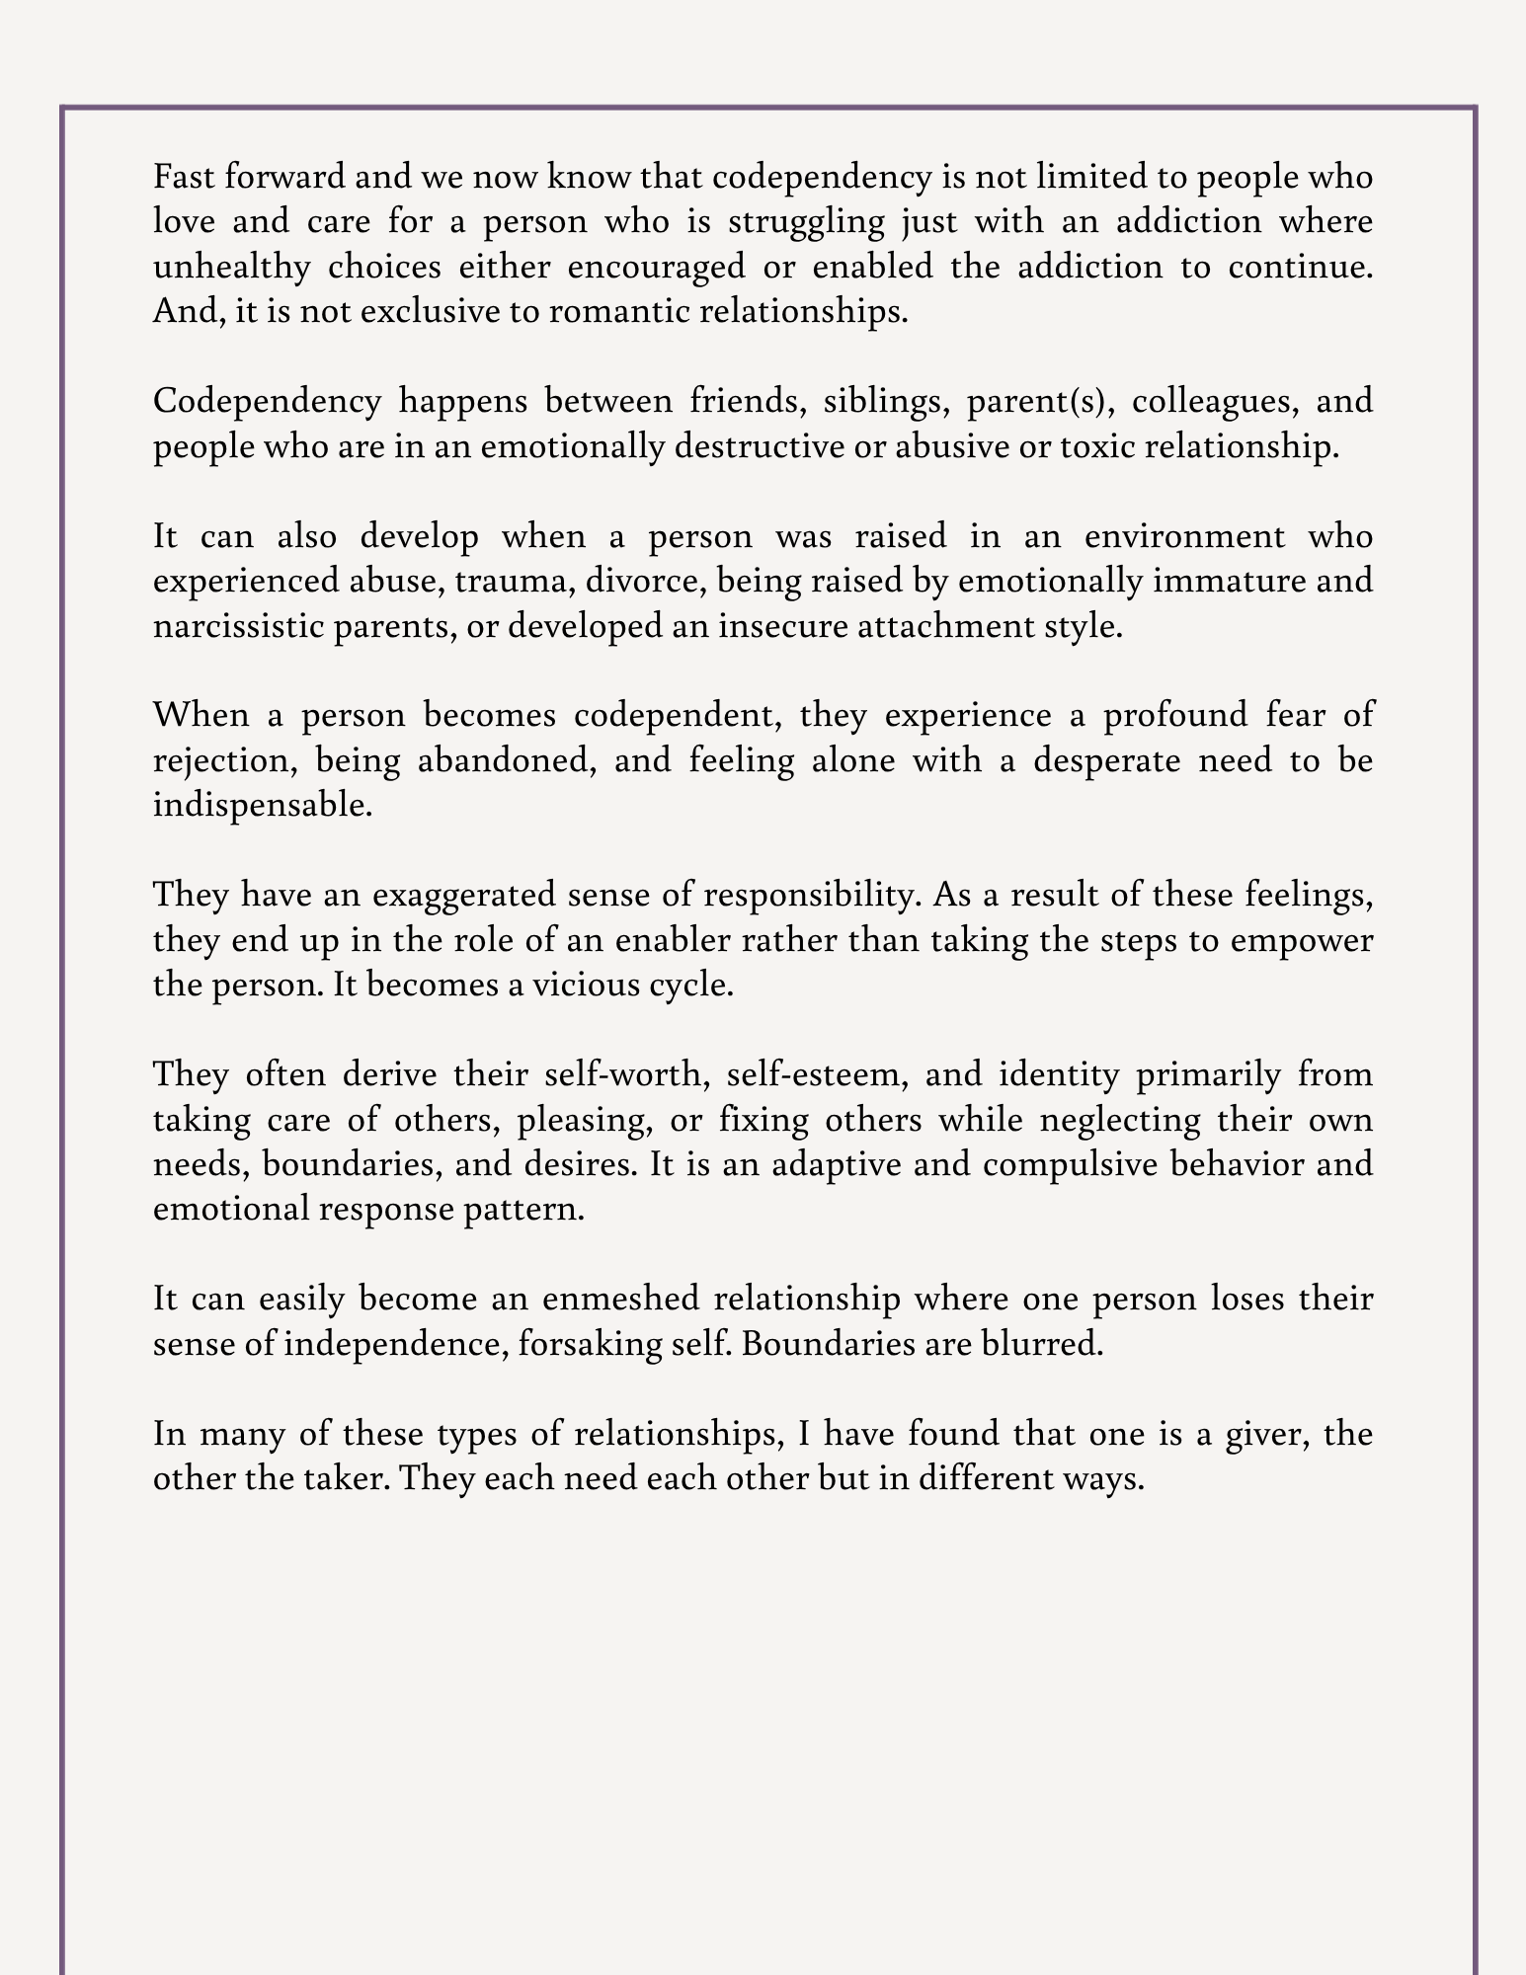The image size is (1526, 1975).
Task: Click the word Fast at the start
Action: coord(184,177)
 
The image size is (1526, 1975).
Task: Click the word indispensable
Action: coord(263,805)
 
